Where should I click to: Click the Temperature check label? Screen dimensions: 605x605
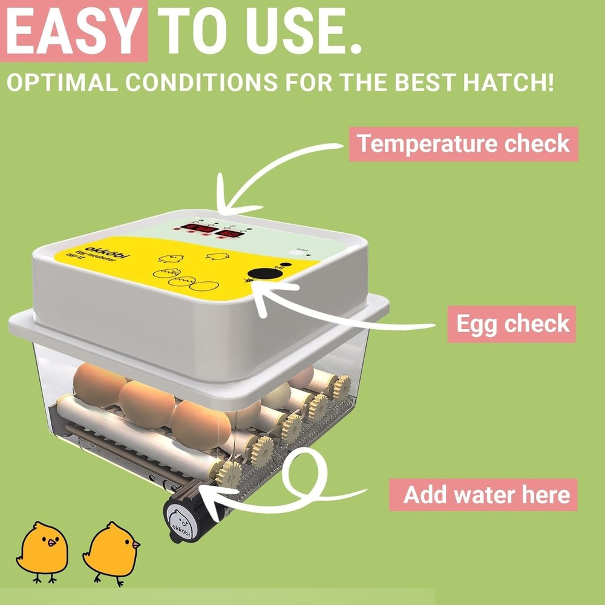[463, 144]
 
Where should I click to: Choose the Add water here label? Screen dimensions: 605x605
[487, 494]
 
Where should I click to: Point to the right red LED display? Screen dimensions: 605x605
[231, 234]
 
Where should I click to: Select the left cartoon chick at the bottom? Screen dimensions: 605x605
[43, 549]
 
